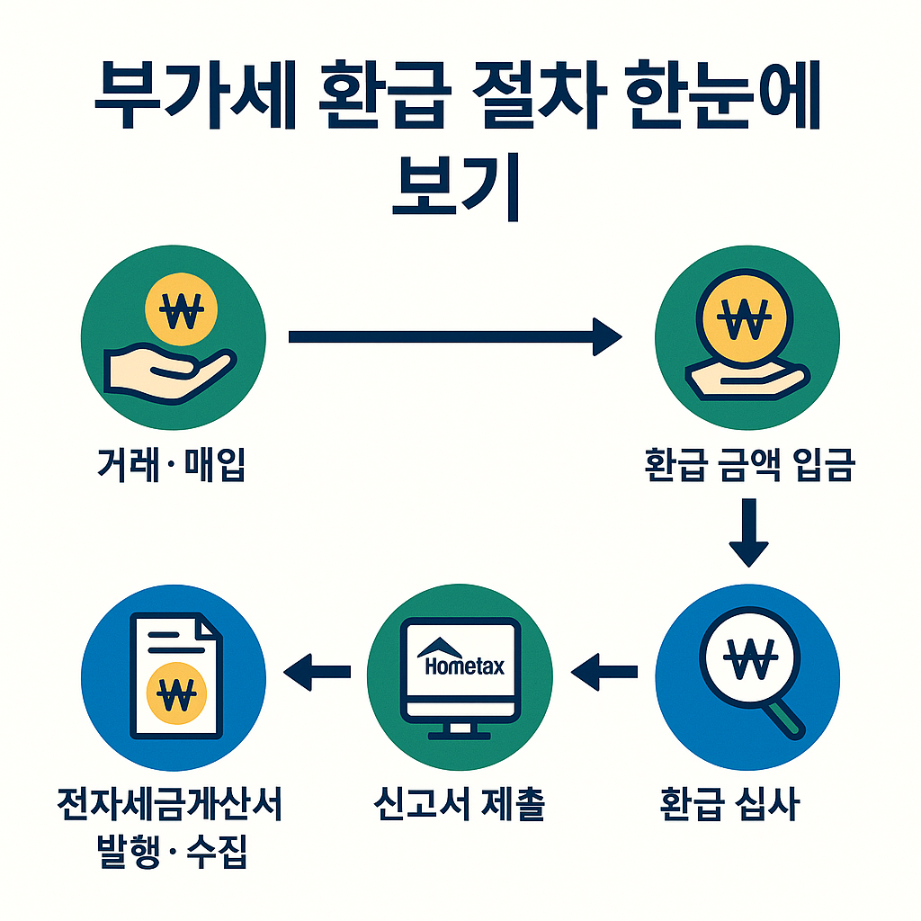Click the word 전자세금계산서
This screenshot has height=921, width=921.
(170, 803)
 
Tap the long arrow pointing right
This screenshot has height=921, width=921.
(454, 337)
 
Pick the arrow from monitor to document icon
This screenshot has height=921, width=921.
(317, 668)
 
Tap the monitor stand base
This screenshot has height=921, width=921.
(461, 734)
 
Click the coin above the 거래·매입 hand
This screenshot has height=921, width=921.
(181, 311)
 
